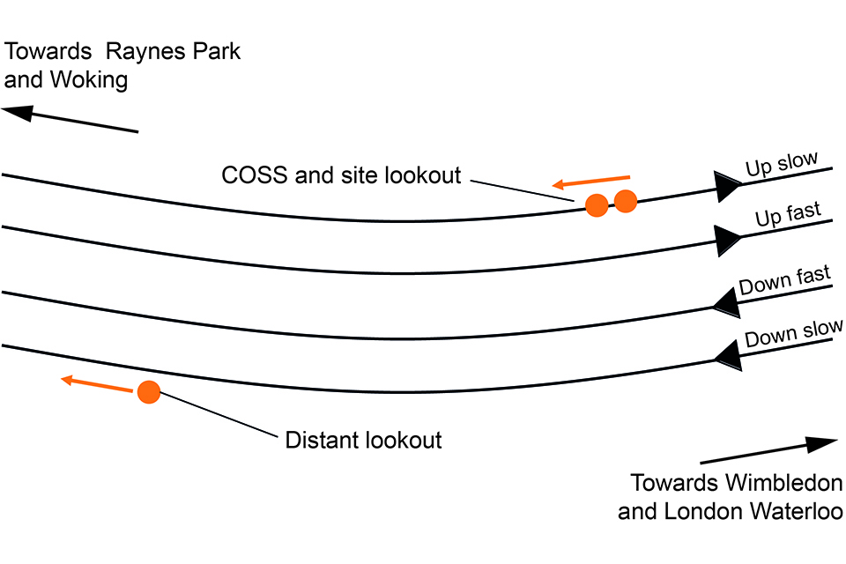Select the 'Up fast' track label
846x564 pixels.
coord(788,215)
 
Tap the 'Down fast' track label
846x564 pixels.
coord(784,281)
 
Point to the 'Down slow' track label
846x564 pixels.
coord(793,333)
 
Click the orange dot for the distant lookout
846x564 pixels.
coord(148,392)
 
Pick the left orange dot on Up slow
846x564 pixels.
coord(597,205)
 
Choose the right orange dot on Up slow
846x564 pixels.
coord(626,201)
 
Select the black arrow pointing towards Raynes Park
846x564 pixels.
coord(70,120)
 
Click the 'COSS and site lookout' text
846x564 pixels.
coord(341,175)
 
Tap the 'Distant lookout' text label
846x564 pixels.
coord(363,440)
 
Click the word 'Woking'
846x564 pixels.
coord(92,80)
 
